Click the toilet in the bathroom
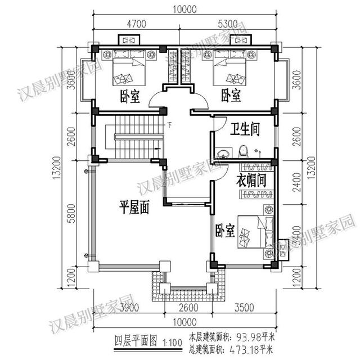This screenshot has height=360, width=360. tap(243, 150)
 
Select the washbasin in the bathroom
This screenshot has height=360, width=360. tap(222, 152)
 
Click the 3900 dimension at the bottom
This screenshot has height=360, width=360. tap(130, 308)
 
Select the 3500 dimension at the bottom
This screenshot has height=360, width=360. tap(244, 308)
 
